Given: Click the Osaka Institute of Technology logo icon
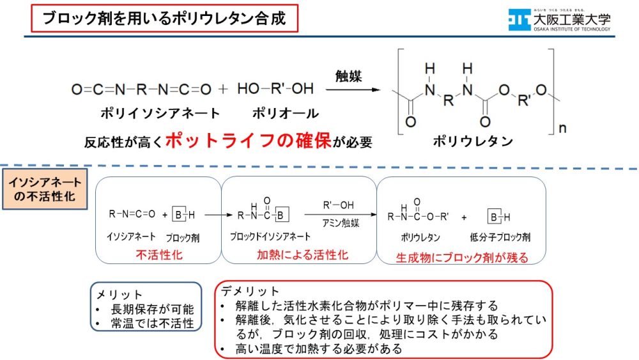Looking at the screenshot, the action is pyautogui.click(x=519, y=20).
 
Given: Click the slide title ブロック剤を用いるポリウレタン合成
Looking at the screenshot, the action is pyautogui.click(x=164, y=19).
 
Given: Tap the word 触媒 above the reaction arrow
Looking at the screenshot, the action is pyautogui.click(x=348, y=76).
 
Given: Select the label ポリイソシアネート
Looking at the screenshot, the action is pyautogui.click(x=160, y=113).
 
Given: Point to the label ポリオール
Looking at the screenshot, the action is pyautogui.click(x=285, y=113).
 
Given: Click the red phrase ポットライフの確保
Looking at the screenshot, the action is pyautogui.click(x=248, y=141).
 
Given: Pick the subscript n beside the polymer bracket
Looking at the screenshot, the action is pyautogui.click(x=562, y=129).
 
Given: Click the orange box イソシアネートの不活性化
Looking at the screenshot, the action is pyautogui.click(x=45, y=189).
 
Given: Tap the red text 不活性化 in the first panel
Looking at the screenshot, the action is pyautogui.click(x=159, y=254).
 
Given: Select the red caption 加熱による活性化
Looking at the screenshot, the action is pyautogui.click(x=302, y=254).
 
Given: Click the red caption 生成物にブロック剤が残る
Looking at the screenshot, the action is pyautogui.click(x=462, y=258).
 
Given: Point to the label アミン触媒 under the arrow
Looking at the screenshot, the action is pyautogui.click(x=341, y=223).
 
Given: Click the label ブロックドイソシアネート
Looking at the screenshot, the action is pyautogui.click(x=270, y=237).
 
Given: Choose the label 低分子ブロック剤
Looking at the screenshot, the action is pyautogui.click(x=500, y=237).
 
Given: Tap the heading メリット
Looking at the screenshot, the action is pyautogui.click(x=119, y=294).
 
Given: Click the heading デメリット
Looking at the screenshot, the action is pyautogui.click(x=250, y=291).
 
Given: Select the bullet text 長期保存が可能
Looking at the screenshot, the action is pyautogui.click(x=153, y=309).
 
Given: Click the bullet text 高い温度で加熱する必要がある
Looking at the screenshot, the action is pyautogui.click(x=319, y=348).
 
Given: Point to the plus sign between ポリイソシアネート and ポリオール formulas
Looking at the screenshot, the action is pyautogui.click(x=223, y=89).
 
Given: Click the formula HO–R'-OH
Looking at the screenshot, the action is pyautogui.click(x=275, y=88).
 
